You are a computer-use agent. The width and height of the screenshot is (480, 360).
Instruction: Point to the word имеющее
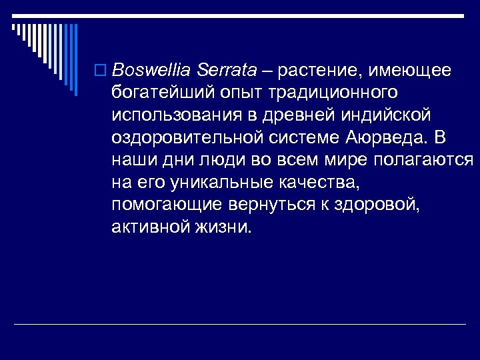tap(415, 70)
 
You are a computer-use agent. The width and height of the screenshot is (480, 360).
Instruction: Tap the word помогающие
tap(167, 205)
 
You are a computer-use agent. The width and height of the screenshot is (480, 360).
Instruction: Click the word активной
tap(151, 227)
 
